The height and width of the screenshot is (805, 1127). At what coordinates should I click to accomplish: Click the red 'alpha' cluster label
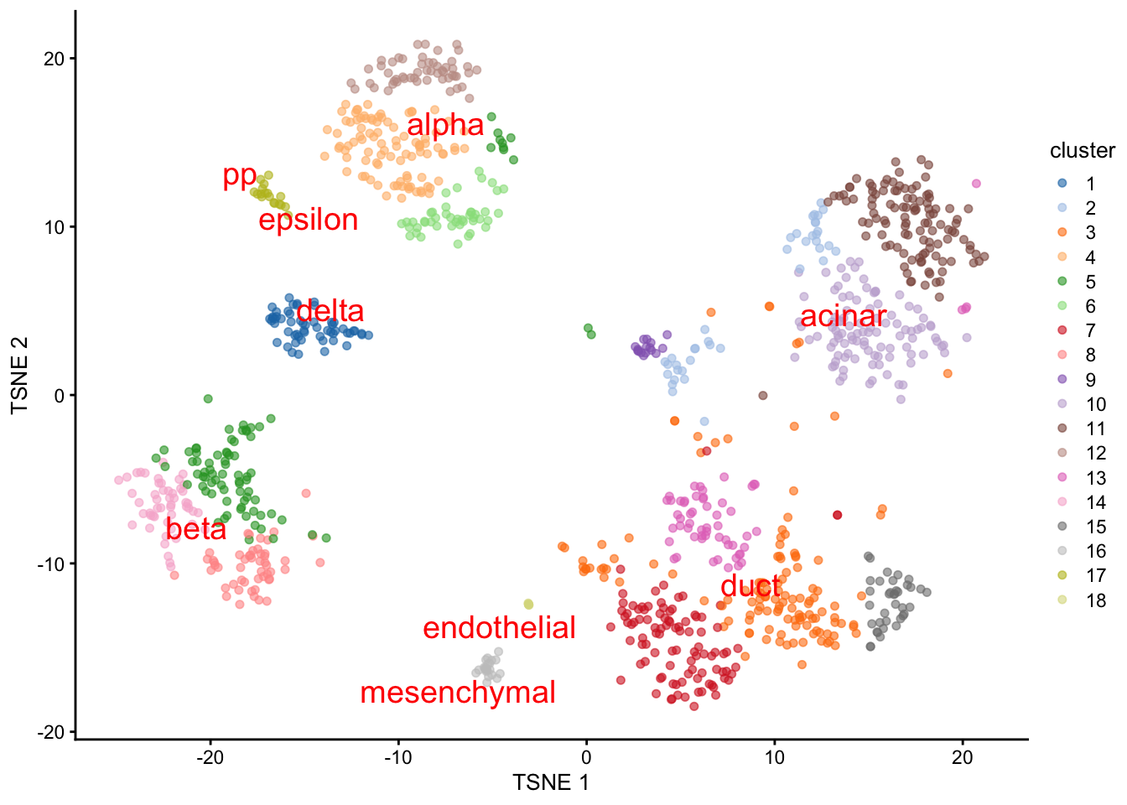[445, 126]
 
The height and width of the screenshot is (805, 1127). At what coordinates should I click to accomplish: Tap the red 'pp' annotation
[240, 176]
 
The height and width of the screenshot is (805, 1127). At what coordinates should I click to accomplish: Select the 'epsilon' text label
[309, 220]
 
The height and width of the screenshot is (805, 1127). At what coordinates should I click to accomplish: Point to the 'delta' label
[330, 311]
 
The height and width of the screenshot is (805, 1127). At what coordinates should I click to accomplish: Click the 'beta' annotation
[196, 529]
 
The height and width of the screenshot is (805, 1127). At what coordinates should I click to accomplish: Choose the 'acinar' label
[843, 316]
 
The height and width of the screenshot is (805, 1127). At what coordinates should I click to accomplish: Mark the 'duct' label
[750, 585]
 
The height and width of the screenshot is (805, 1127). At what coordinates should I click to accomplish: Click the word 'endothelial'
[499, 628]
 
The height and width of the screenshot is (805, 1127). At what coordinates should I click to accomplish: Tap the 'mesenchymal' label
[458, 693]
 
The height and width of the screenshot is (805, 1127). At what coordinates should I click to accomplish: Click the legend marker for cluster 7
[1062, 330]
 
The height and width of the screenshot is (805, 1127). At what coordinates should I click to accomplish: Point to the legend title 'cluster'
[1082, 151]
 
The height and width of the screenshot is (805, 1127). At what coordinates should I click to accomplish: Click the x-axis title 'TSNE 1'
[551, 783]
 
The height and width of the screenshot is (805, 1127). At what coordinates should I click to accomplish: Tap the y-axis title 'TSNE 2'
[20, 375]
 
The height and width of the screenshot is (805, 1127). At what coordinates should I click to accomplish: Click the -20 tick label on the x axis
[210, 759]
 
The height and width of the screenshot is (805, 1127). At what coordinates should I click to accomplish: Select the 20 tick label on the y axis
[55, 59]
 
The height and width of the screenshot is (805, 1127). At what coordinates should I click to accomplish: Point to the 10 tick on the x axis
[774, 759]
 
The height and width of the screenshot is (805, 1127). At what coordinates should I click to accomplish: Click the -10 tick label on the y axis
[50, 563]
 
